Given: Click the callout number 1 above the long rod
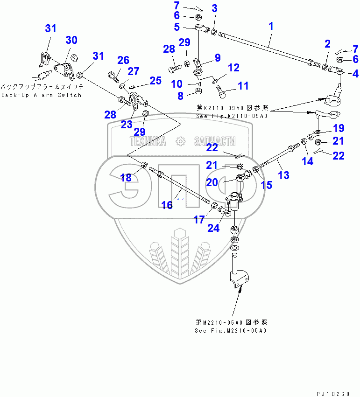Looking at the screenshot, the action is point(271,27).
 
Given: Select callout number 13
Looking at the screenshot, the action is point(283,175).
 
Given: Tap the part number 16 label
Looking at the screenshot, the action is point(167,204).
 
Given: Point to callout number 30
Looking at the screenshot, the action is point(71,41).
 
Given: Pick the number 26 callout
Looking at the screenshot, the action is point(123,60).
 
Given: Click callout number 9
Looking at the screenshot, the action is point(218,58).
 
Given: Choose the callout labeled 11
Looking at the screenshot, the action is point(244,86).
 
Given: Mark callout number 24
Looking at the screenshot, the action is point(214,228).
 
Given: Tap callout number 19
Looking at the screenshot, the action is point(339,128).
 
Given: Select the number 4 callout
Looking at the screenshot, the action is point(355,73).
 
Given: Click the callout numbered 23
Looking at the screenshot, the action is point(127,125).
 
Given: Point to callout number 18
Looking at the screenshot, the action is point(126,178).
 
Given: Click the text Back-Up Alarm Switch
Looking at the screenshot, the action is point(41,95).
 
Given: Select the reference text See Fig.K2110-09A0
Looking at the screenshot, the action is point(232,116).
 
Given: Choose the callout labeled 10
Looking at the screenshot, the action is point(176,84).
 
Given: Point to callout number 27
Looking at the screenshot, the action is point(134,71).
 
